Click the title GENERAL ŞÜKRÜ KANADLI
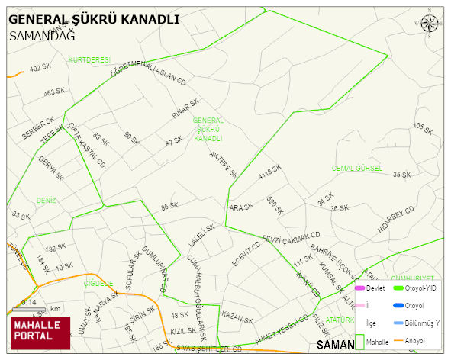click(94, 19)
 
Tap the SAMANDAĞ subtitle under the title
click(42, 35)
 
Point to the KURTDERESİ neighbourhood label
click(90, 59)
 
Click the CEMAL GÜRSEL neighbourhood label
click(356, 168)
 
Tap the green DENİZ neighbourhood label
click(47, 201)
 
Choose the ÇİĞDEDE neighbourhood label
click(98, 283)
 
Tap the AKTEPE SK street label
click(224, 164)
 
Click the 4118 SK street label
click(270, 173)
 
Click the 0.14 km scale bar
click(31, 307)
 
